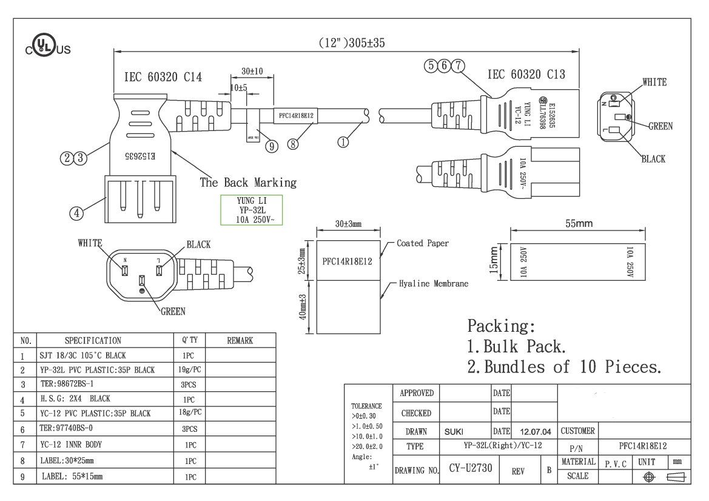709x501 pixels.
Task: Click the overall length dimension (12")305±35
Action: (x=352, y=43)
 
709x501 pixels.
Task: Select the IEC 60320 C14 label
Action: (x=163, y=77)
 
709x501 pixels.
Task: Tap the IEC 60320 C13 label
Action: (x=526, y=75)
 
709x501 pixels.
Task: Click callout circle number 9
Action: (x=272, y=146)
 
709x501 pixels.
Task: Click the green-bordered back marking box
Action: (x=251, y=210)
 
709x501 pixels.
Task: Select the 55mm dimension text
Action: (x=579, y=224)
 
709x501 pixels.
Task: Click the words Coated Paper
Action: (x=423, y=243)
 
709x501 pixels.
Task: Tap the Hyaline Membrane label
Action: (x=434, y=283)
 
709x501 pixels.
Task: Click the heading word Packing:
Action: (x=501, y=326)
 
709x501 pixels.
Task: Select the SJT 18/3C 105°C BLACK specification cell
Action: (x=92, y=355)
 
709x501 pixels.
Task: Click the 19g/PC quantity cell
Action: (x=189, y=369)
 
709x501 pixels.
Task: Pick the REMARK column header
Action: (x=240, y=341)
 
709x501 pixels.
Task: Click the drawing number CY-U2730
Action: (x=470, y=469)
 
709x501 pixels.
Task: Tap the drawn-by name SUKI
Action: (x=454, y=432)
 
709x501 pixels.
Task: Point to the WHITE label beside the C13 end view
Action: (x=654, y=82)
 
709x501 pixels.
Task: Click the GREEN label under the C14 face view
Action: (x=173, y=312)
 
